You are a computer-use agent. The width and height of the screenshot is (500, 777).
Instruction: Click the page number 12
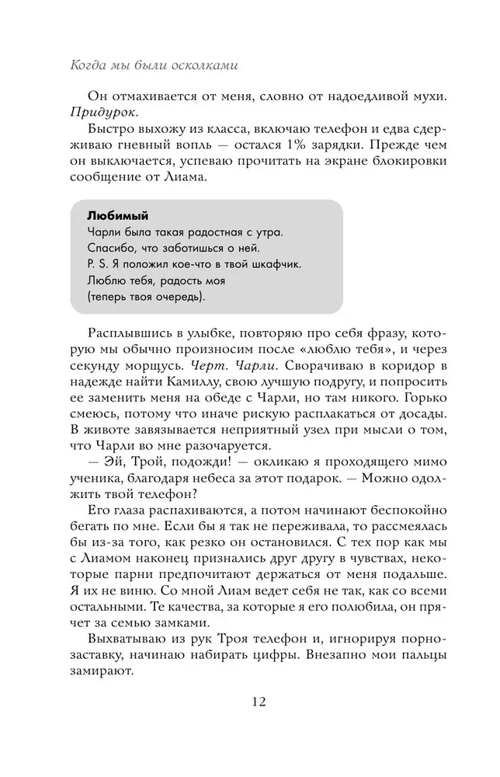(x=259, y=702)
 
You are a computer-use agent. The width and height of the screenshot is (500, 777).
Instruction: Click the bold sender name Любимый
(x=117, y=216)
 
